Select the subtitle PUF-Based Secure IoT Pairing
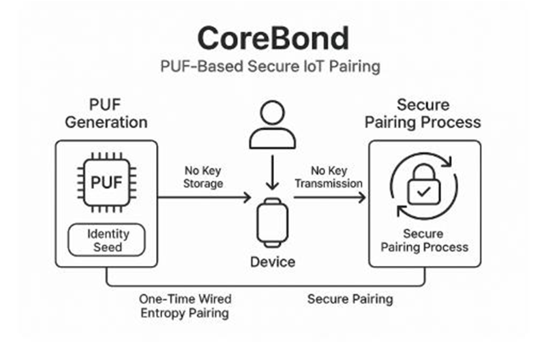point(271,68)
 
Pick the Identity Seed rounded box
point(106,239)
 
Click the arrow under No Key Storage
point(205,198)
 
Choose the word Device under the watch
point(272,262)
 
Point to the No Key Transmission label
point(329,177)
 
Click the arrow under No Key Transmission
point(329,198)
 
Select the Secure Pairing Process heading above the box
point(423,114)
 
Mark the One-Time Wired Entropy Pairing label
point(185,306)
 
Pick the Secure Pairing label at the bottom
point(350,299)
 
